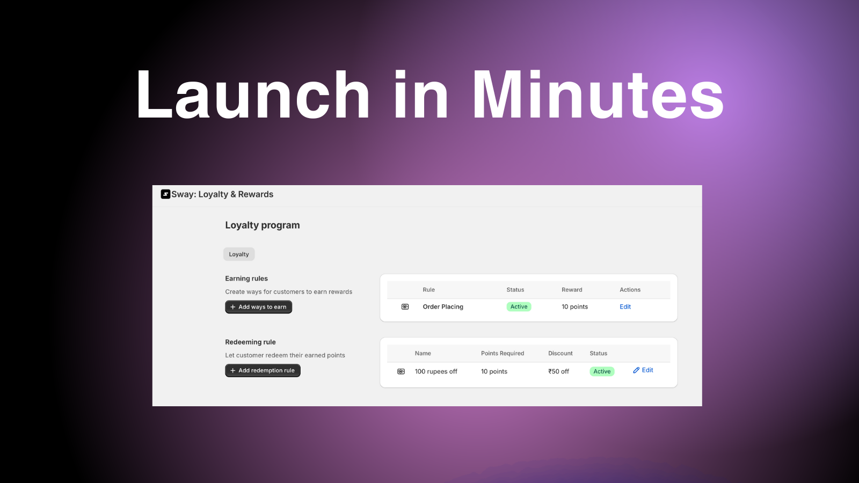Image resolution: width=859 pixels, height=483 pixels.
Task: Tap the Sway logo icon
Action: pyautogui.click(x=165, y=194)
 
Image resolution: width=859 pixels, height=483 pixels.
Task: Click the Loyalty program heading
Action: pyautogui.click(x=263, y=225)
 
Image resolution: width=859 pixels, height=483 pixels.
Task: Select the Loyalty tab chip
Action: pyautogui.click(x=239, y=254)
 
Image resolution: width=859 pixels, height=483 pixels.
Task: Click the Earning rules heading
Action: pyautogui.click(x=246, y=279)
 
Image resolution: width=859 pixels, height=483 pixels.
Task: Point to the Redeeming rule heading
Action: pyautogui.click(x=250, y=342)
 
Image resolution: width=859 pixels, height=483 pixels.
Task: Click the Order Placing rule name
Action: pyautogui.click(x=443, y=306)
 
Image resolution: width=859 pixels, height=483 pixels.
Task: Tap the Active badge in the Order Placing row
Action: pyautogui.click(x=519, y=306)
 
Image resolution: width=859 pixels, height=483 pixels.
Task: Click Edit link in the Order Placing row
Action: pyautogui.click(x=625, y=306)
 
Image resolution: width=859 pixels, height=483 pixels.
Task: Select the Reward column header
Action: pyautogui.click(x=572, y=290)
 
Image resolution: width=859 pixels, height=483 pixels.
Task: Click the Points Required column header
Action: pyautogui.click(x=503, y=354)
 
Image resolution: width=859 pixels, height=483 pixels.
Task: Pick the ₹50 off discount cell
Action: pyautogui.click(x=558, y=371)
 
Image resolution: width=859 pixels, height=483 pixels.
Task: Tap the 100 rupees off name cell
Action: pyautogui.click(x=436, y=371)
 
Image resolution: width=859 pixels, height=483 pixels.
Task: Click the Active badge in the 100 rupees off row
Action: pyautogui.click(x=602, y=371)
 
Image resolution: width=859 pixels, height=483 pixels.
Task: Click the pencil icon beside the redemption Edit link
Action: pyautogui.click(x=636, y=370)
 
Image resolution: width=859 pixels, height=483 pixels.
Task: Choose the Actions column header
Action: pyautogui.click(x=630, y=290)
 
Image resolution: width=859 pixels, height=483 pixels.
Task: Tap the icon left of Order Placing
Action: pyautogui.click(x=405, y=306)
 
